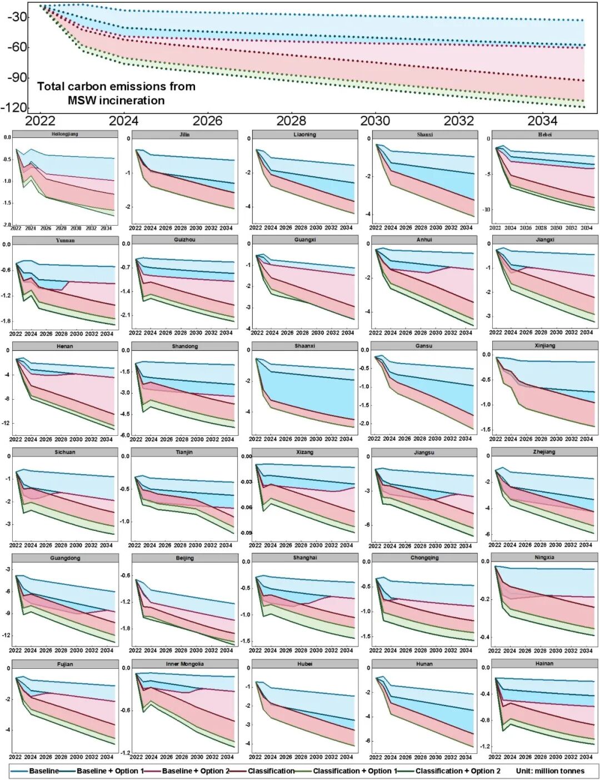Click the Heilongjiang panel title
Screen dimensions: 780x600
[x=65, y=134]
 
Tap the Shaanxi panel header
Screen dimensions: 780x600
[x=304, y=346]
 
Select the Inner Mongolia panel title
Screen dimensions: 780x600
[x=184, y=664]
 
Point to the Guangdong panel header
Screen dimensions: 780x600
[x=65, y=558]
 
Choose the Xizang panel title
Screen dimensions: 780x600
[x=304, y=452]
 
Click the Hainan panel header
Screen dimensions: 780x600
[x=545, y=663]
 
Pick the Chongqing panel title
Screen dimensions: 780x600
[x=424, y=558]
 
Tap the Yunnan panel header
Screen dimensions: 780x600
[x=65, y=240]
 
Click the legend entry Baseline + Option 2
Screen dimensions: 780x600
[x=195, y=771]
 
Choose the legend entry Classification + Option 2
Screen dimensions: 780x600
[x=458, y=771]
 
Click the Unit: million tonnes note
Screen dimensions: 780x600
[x=550, y=771]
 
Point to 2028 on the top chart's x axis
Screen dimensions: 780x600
[x=291, y=121]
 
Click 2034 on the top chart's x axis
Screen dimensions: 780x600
[x=542, y=121]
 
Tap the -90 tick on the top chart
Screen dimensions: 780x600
[x=17, y=77]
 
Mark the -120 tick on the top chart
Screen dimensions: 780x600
[x=14, y=107]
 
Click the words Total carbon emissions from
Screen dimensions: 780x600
[x=116, y=87]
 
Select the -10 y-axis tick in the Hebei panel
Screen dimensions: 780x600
[x=486, y=210]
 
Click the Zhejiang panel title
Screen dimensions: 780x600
[x=545, y=452]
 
